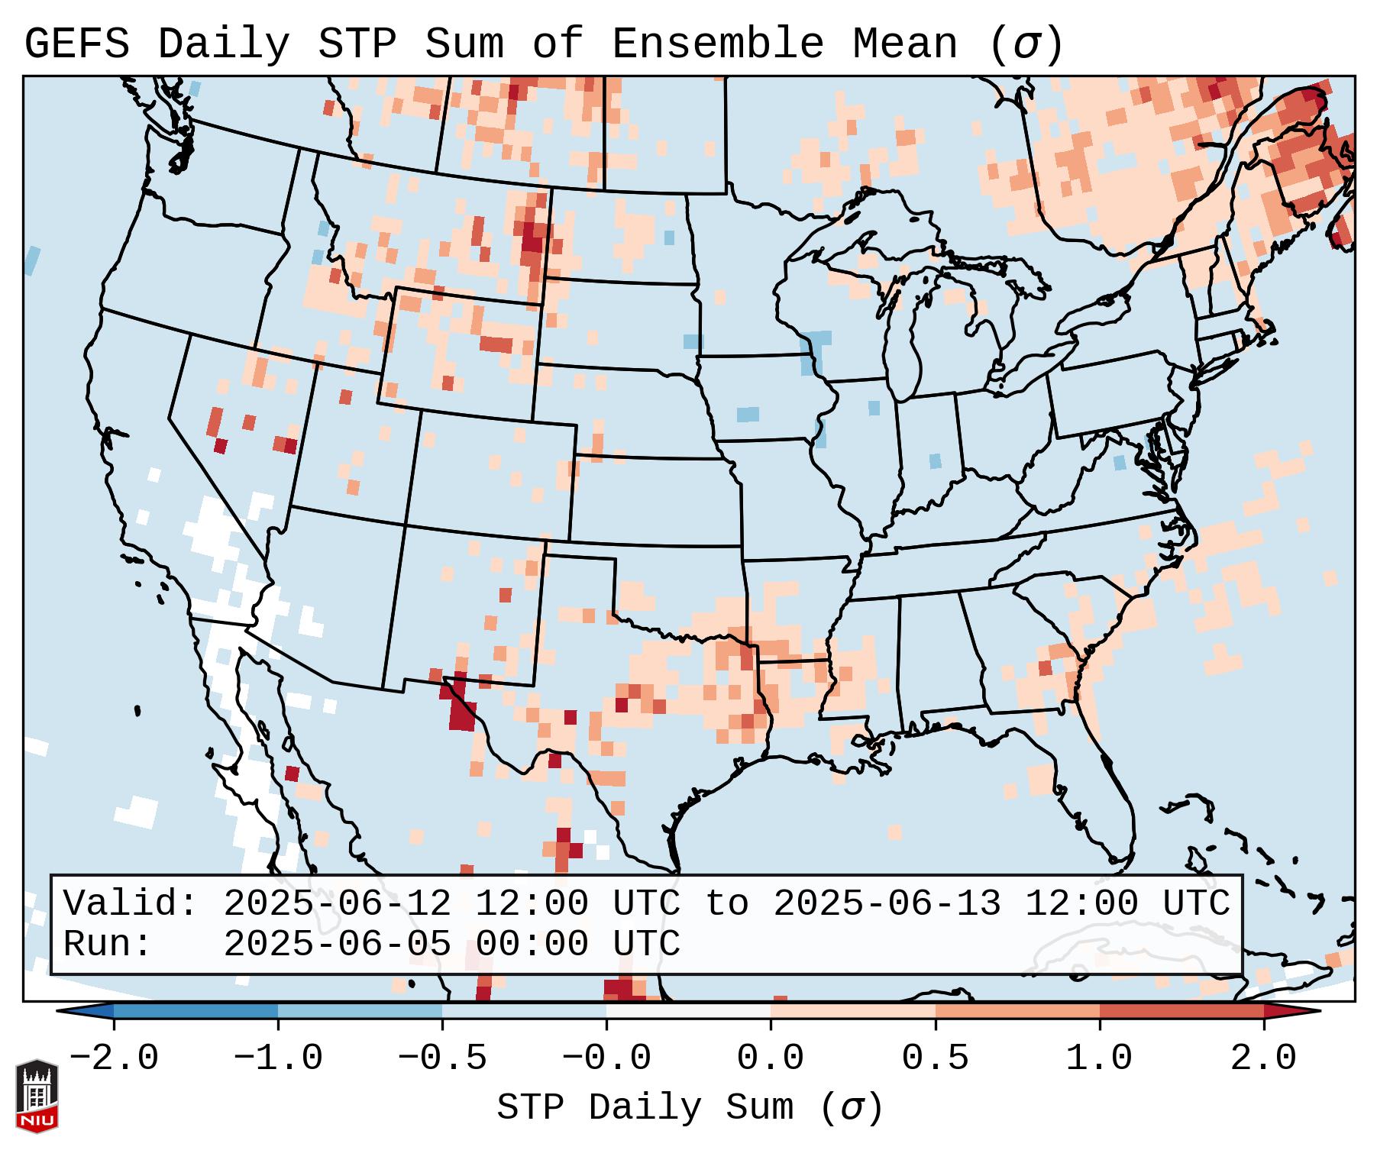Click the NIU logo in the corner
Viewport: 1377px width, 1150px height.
point(37,1096)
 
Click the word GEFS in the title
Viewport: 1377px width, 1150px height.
point(77,44)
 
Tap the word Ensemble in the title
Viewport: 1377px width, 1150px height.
point(717,44)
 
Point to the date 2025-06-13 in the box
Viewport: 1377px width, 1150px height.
point(887,903)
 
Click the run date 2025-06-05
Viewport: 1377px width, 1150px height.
point(337,944)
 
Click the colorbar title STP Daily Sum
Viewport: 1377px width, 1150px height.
point(645,1108)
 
